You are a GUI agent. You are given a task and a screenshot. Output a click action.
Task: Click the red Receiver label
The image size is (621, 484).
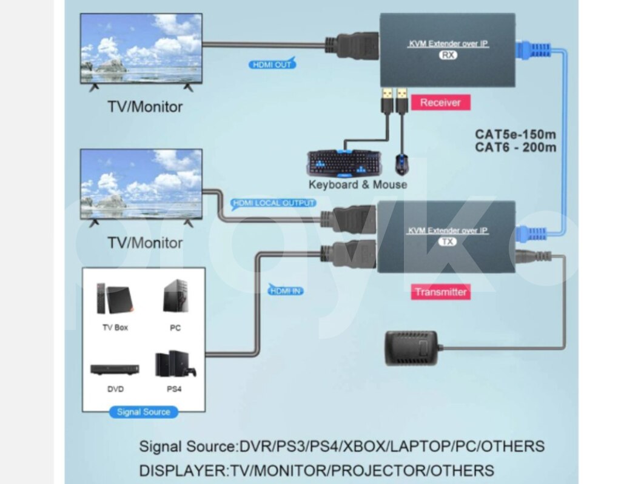[x=440, y=103]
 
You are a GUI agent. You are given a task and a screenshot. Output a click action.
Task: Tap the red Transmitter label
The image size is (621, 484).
[x=441, y=292]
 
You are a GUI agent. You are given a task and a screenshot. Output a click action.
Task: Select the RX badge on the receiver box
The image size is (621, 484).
[x=448, y=55]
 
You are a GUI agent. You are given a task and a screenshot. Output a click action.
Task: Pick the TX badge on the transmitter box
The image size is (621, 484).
[x=448, y=241]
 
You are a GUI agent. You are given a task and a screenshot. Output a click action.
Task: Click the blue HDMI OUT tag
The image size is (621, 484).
[x=272, y=64]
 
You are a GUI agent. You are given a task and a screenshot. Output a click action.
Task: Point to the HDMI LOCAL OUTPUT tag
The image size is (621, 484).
[x=273, y=203]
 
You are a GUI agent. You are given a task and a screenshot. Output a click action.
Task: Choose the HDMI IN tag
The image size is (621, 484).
[x=285, y=291]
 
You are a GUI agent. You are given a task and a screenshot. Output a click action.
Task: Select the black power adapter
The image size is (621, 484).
[x=411, y=348]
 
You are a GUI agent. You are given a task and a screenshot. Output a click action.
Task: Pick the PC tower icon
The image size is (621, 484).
[x=174, y=298]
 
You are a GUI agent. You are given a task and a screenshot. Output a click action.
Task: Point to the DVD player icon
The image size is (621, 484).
[x=115, y=369]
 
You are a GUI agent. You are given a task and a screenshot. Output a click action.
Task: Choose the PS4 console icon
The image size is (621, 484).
[x=173, y=365]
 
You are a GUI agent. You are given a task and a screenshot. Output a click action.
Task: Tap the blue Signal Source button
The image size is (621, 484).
[x=144, y=412]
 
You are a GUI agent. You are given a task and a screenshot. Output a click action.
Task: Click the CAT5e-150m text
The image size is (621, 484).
[x=516, y=134]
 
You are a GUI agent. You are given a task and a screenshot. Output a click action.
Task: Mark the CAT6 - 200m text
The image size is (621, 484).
[x=516, y=147]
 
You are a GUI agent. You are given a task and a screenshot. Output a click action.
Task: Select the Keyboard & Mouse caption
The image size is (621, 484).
[x=358, y=184]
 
